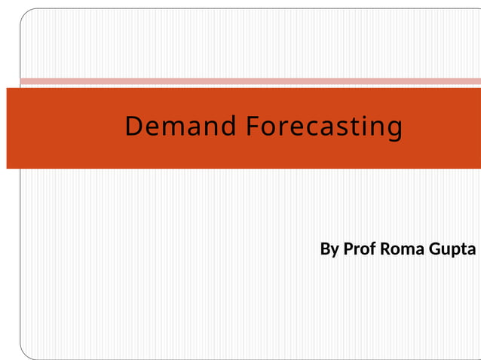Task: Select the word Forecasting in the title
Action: [323, 127]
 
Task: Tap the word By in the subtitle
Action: [329, 249]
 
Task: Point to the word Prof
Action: [359, 249]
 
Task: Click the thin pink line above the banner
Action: [249, 81]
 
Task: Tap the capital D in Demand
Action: [133, 127]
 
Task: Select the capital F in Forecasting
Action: [252, 127]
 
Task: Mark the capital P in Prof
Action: [348, 249]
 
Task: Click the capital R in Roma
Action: [386, 249]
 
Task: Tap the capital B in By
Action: [325, 249]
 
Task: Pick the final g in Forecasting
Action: [394, 130]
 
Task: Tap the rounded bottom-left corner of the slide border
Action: [24, 353]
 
